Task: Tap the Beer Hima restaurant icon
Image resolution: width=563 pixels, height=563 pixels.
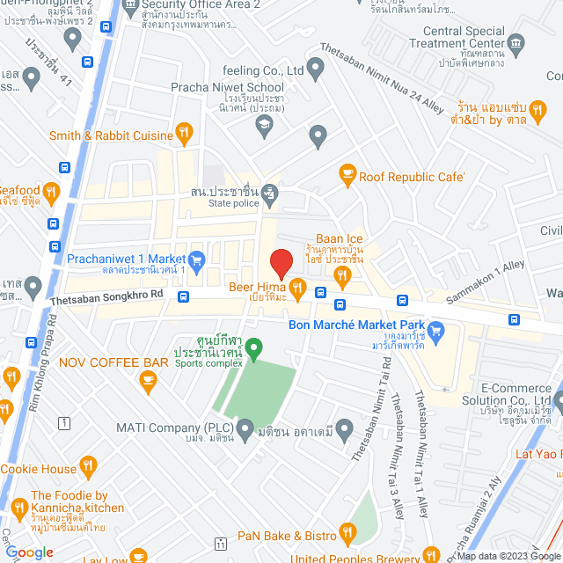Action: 298,287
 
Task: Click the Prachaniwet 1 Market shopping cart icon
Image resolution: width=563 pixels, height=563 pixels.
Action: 196,259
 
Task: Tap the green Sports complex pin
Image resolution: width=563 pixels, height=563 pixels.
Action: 253,348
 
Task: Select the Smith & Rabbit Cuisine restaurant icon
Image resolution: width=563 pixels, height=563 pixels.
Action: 184,134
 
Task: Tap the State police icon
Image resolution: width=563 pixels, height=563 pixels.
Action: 271,191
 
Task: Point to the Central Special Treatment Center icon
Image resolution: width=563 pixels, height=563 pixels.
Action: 516,41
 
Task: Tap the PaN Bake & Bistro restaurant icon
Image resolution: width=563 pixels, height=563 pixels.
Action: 347,531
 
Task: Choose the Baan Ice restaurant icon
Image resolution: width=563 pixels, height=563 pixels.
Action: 341,276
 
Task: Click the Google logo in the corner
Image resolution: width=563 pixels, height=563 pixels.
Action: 30,552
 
